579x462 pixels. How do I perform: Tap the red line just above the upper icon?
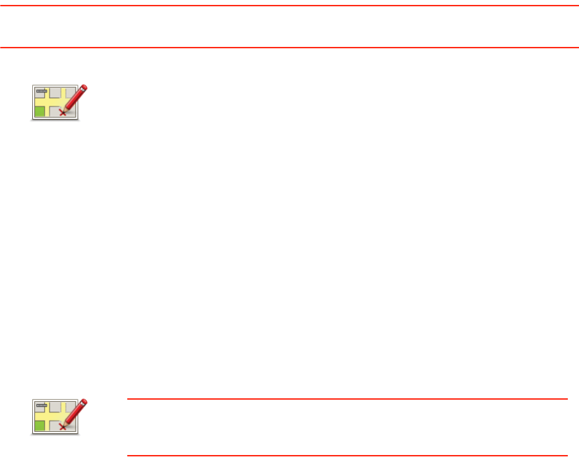tap(289, 48)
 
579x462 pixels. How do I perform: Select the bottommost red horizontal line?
tap(347, 455)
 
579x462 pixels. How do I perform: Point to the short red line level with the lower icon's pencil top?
tap(347, 400)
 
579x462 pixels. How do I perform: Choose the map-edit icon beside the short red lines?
tap(59, 417)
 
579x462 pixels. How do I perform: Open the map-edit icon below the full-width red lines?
tap(59, 103)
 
